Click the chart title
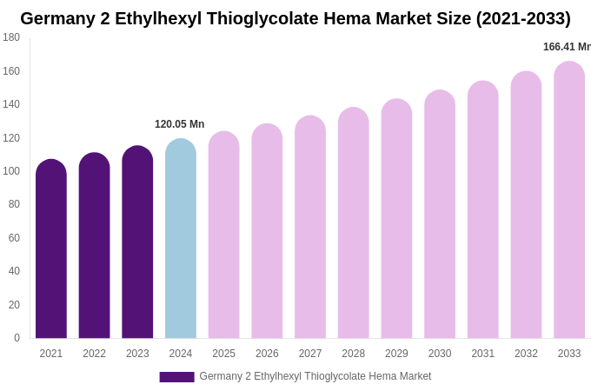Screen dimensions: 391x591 tap(295, 18)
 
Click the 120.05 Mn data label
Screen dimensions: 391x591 tap(179, 124)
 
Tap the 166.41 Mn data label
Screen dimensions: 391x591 tap(567, 47)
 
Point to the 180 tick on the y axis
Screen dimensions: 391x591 tap(11, 37)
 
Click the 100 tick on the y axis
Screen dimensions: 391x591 tap(11, 171)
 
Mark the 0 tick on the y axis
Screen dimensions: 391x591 tap(17, 338)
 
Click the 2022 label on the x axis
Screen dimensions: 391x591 tap(94, 354)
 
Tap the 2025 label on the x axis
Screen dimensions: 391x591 tap(223, 354)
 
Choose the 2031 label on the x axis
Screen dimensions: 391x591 tap(482, 354)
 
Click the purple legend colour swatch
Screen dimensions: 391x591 tap(176, 377)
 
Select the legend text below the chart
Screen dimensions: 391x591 tap(315, 376)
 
